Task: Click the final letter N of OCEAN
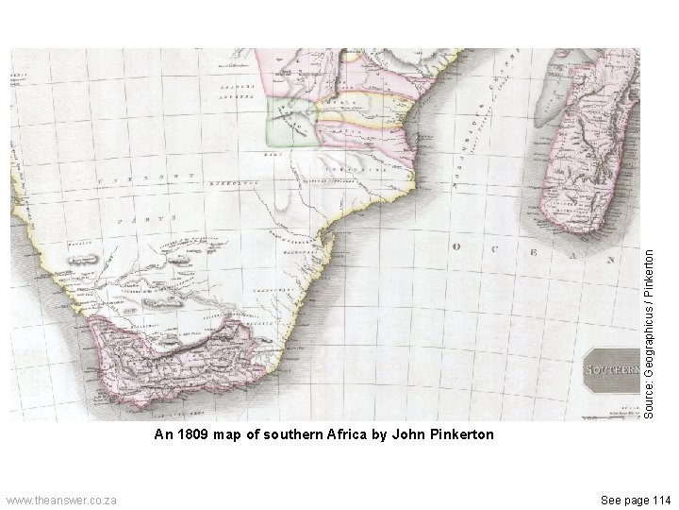point(611,258)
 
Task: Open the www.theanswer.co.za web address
point(61,498)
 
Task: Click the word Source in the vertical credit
point(650,392)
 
